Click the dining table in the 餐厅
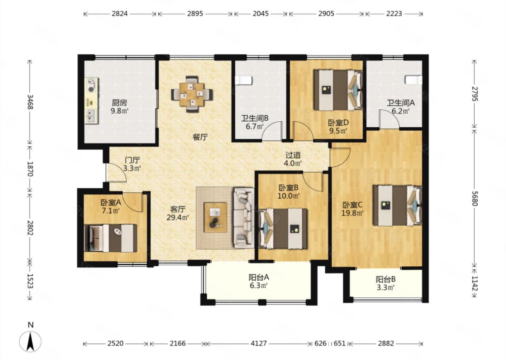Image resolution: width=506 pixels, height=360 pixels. click(x=192, y=94)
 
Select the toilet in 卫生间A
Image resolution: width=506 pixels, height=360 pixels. click(x=414, y=80)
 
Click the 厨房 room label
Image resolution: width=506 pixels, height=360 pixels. click(x=119, y=103)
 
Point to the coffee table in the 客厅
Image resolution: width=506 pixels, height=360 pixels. click(x=215, y=217)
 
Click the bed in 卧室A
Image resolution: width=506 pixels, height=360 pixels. click(x=110, y=238)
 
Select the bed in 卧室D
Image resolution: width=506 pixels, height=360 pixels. click(x=338, y=90)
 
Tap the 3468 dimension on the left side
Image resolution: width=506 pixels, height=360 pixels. click(x=30, y=102)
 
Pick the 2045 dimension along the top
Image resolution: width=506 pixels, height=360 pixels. click(x=261, y=14)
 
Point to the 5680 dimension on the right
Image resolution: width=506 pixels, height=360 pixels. click(x=475, y=198)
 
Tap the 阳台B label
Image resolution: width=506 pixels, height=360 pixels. click(x=385, y=280)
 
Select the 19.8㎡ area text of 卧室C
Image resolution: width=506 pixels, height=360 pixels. click(x=352, y=213)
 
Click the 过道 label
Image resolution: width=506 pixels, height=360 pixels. click(x=293, y=155)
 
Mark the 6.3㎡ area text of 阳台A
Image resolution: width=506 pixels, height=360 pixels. click(x=259, y=285)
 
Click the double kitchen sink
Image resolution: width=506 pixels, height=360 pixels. click(x=91, y=116)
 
